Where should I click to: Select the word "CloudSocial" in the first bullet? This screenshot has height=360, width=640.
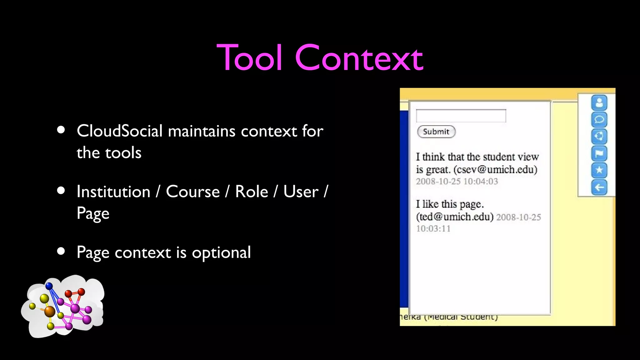(x=120, y=131)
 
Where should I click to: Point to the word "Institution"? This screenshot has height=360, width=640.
(x=113, y=192)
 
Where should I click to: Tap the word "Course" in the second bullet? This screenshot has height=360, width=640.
(x=193, y=192)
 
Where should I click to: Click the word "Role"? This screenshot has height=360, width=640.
(x=252, y=192)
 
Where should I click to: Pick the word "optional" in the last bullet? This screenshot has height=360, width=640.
(x=221, y=252)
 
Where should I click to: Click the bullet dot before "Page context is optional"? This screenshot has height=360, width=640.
(x=61, y=251)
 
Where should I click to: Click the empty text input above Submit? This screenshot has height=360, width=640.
(x=461, y=116)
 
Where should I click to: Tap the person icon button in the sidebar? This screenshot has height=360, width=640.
(x=599, y=102)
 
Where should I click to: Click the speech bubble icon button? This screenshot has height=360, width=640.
(x=599, y=119)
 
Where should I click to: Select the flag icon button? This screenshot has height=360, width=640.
(x=599, y=153)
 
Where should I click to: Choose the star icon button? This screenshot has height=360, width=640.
(x=599, y=170)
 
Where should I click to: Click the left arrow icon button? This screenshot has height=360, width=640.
(x=599, y=187)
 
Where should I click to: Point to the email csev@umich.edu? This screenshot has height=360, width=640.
(x=495, y=169)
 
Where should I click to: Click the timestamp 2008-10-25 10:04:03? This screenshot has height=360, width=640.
(x=457, y=182)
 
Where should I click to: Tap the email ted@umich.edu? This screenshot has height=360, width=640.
(x=455, y=217)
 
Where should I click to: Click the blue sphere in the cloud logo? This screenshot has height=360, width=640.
(x=49, y=286)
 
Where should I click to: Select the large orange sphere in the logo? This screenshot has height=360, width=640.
(x=50, y=311)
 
